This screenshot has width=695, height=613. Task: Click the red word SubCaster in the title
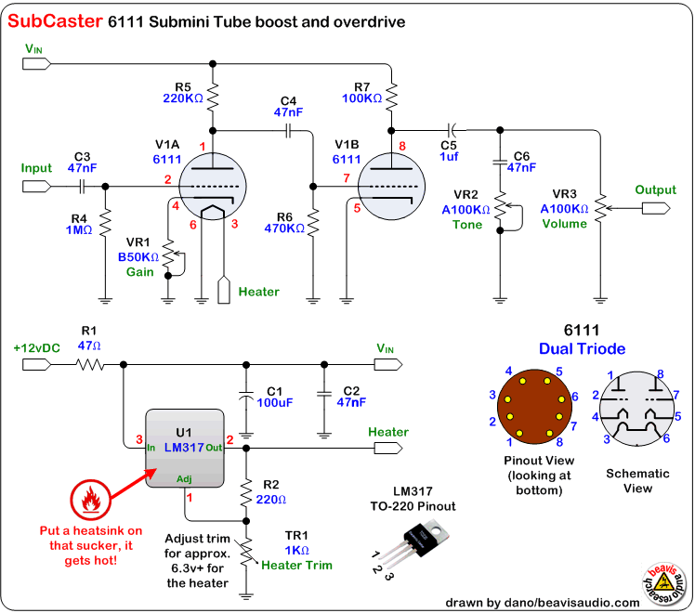point(53,20)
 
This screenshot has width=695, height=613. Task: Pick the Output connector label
point(656,189)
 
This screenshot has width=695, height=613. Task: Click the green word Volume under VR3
point(564,224)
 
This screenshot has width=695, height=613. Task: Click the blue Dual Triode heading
point(583,349)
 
